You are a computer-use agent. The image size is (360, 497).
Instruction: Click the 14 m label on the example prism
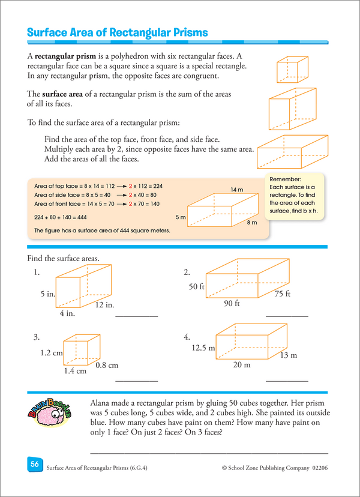[237, 190]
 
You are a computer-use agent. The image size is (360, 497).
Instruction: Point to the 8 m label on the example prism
[252, 223]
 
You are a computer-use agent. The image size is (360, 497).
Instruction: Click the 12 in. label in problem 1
[104, 305]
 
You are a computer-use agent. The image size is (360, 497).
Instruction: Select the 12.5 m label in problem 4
[203, 348]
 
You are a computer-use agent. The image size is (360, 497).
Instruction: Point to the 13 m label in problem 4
[288, 355]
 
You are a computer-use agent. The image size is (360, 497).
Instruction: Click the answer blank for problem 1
[136, 315]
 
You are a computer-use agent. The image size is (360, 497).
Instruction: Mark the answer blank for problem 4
[286, 380]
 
